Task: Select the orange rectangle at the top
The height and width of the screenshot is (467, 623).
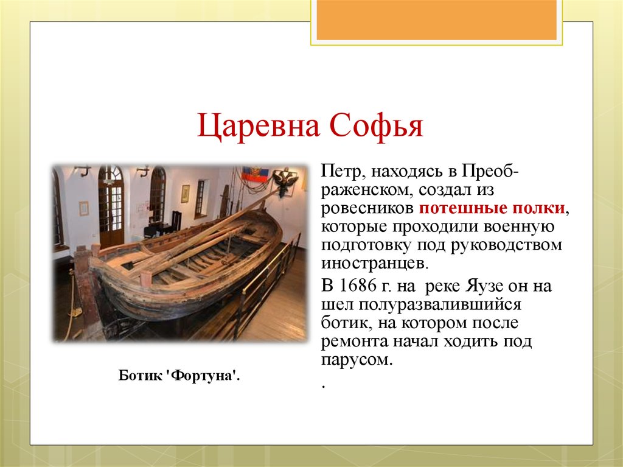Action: point(436,19)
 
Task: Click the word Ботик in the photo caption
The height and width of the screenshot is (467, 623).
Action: point(141,376)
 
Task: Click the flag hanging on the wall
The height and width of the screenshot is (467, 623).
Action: point(254,176)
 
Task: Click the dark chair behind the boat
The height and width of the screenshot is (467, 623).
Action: point(176,220)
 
